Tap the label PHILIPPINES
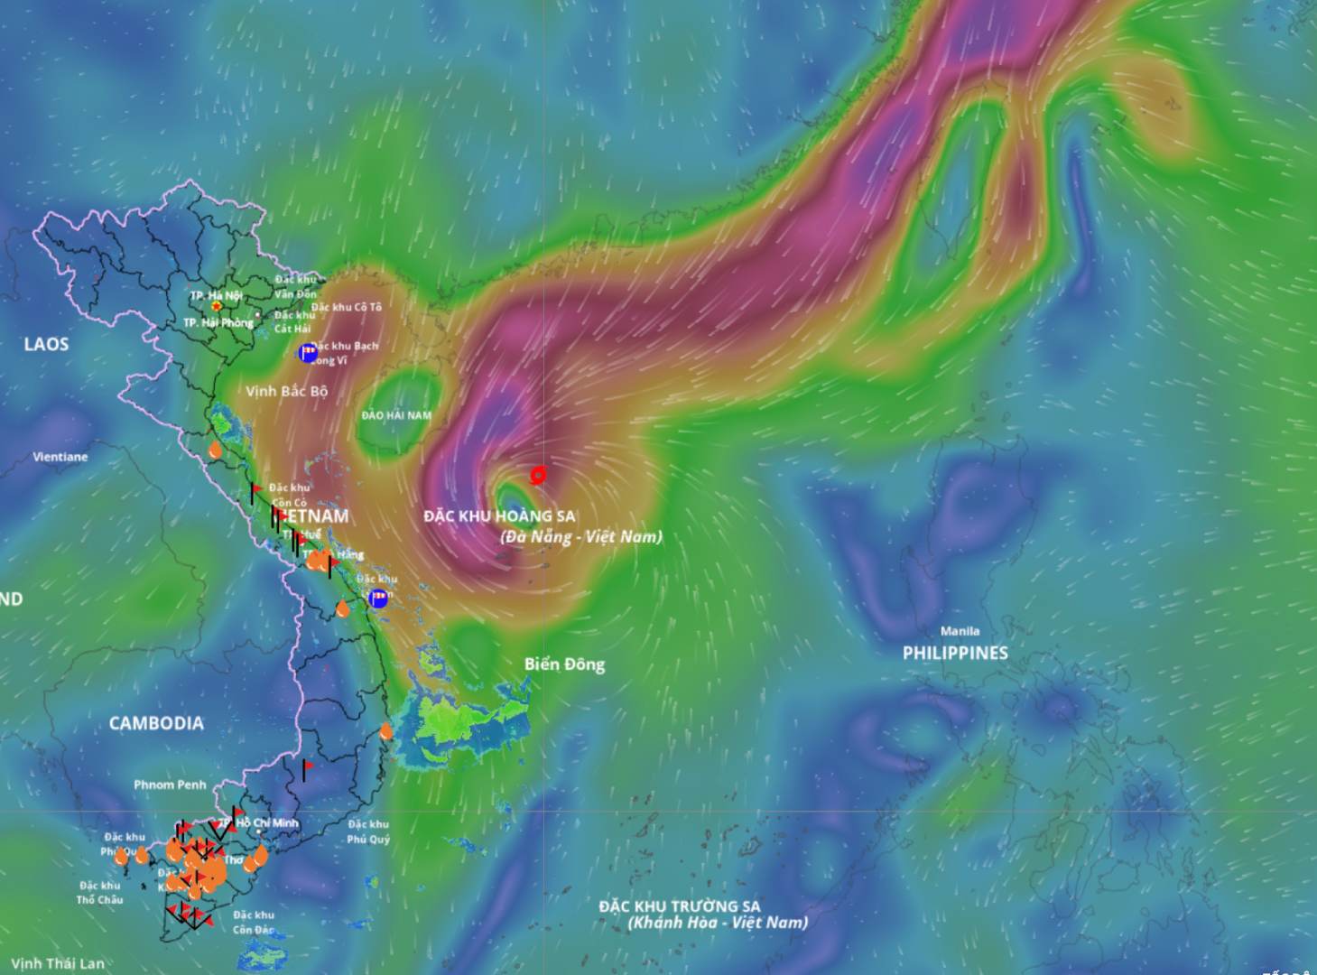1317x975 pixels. pyautogui.click(x=955, y=653)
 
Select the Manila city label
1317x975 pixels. pyautogui.click(x=959, y=631)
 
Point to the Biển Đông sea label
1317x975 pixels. pyautogui.click(x=564, y=664)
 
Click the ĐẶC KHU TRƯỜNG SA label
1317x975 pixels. pyautogui.click(x=680, y=906)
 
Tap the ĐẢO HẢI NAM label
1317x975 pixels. pyautogui.click(x=396, y=415)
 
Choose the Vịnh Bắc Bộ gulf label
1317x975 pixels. pyautogui.click(x=287, y=391)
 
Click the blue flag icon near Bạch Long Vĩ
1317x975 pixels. pyautogui.click(x=308, y=352)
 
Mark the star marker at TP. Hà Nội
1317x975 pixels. pyautogui.click(x=217, y=307)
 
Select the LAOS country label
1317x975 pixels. pyautogui.click(x=46, y=344)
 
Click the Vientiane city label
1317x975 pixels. pyautogui.click(x=60, y=457)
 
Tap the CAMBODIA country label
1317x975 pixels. pyautogui.click(x=156, y=723)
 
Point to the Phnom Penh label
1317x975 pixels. pyautogui.click(x=170, y=785)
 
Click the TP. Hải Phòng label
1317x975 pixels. pyautogui.click(x=218, y=322)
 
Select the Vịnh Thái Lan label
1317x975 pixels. pyautogui.click(x=58, y=963)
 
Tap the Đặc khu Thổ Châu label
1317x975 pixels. pyautogui.click(x=99, y=893)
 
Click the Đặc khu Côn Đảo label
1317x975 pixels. pyautogui.click(x=254, y=922)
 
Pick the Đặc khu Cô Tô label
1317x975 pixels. pyautogui.click(x=347, y=307)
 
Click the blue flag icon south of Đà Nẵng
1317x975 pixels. pyautogui.click(x=379, y=598)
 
